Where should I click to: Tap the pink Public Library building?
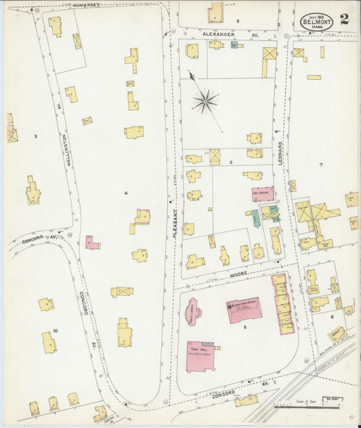[194, 312]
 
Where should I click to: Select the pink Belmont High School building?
[244, 310]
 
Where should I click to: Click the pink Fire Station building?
[263, 194]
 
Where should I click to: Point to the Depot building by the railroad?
[337, 333]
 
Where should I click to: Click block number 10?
[56, 330]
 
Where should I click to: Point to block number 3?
[35, 136]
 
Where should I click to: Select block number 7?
[321, 165]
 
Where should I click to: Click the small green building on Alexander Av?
[234, 45]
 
